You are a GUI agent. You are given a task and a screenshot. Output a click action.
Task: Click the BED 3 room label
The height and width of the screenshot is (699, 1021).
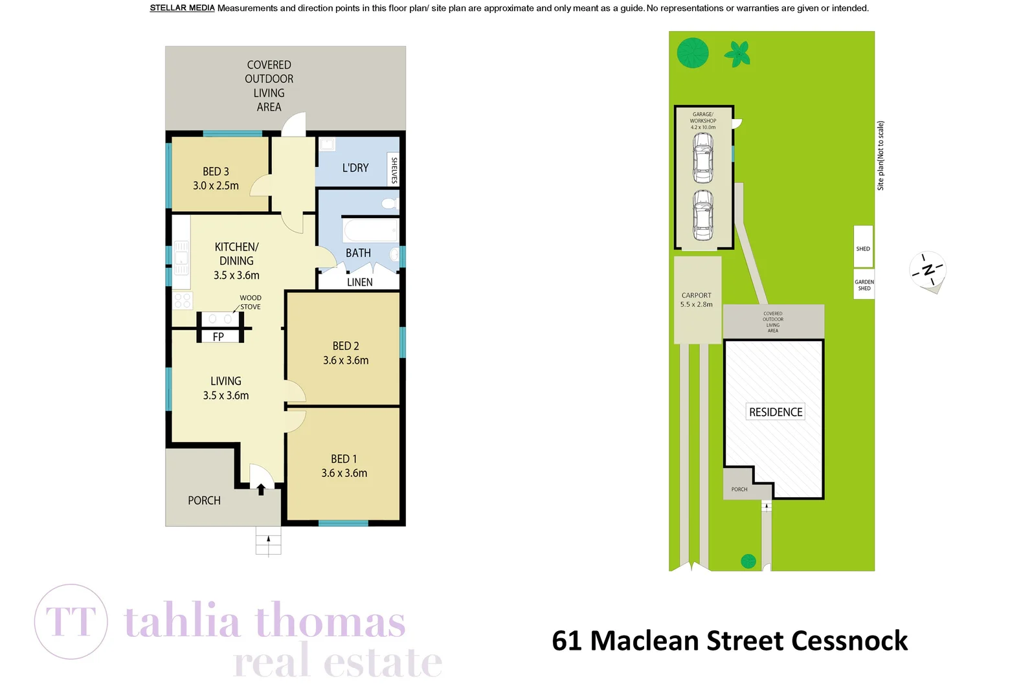tap(216, 172)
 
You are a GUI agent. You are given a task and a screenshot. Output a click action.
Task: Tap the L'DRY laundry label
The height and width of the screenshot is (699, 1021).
tap(355, 168)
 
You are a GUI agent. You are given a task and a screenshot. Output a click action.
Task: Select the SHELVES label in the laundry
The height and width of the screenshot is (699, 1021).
tap(394, 170)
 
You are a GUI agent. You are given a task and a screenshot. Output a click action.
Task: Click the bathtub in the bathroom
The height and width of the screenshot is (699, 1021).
tap(370, 231)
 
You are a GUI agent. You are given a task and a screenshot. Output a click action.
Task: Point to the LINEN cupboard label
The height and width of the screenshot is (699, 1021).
tap(359, 282)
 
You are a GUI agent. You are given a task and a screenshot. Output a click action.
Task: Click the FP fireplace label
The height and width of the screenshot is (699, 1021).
tap(218, 337)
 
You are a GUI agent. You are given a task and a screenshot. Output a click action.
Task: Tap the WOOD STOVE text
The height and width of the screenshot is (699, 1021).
tap(251, 302)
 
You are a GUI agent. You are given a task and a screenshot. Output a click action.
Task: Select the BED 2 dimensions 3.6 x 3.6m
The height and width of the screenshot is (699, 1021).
tap(346, 361)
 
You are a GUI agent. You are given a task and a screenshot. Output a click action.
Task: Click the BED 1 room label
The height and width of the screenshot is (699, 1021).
tap(344, 459)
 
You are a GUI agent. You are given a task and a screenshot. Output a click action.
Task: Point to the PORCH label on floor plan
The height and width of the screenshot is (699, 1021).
tap(204, 500)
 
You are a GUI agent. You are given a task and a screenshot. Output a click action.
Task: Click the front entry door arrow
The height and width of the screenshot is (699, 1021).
tap(261, 489)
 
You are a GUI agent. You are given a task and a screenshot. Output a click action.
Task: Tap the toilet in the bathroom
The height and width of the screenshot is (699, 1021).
tap(389, 204)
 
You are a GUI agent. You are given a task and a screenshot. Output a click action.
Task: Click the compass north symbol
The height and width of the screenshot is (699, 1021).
tap(928, 270)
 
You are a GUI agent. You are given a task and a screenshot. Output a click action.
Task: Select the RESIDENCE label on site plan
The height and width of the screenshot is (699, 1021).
tap(775, 412)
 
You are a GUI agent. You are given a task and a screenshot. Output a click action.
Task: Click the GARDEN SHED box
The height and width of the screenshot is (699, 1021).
tap(864, 285)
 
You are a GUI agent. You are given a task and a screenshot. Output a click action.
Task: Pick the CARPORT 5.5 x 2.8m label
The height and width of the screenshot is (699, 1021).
tap(696, 300)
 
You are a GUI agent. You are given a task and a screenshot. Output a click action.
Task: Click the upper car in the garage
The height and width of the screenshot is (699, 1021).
tap(702, 157)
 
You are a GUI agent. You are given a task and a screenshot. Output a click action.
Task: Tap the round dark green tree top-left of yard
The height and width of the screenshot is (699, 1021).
tap(692, 52)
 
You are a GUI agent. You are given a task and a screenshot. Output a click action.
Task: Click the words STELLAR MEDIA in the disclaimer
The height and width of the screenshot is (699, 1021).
tap(182, 8)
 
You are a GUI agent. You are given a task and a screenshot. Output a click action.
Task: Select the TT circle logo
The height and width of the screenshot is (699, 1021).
tap(71, 621)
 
